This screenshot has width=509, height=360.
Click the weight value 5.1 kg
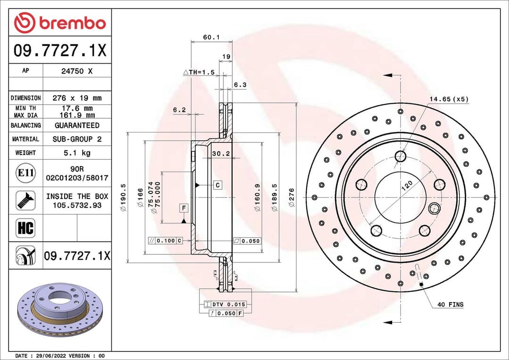77,153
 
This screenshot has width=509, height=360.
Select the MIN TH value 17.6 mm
77,108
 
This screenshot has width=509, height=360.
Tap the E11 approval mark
25,173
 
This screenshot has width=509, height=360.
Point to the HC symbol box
25,228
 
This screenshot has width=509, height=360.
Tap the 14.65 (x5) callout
448,99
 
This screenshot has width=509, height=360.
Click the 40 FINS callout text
450,304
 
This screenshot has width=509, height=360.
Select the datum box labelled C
217,185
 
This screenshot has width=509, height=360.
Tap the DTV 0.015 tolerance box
225,304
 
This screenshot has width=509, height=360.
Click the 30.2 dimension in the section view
221,154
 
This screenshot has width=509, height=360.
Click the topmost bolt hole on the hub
401,156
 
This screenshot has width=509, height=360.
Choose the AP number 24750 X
77,71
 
